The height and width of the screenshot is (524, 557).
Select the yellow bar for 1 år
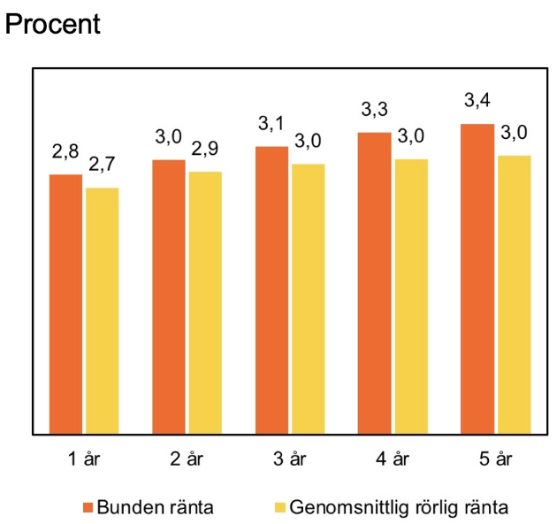[103, 311]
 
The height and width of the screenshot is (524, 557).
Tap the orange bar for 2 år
[169, 297]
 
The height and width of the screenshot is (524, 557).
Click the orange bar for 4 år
[375, 283]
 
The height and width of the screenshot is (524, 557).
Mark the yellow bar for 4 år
[411, 297]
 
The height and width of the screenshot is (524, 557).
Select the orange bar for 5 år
[477, 279]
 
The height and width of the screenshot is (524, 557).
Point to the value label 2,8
[65, 152]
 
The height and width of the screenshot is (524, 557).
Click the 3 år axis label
[289, 458]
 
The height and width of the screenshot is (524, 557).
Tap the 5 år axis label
[495, 458]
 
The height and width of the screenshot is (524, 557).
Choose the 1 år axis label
[83, 458]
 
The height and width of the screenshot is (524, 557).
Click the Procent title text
[53, 24]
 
